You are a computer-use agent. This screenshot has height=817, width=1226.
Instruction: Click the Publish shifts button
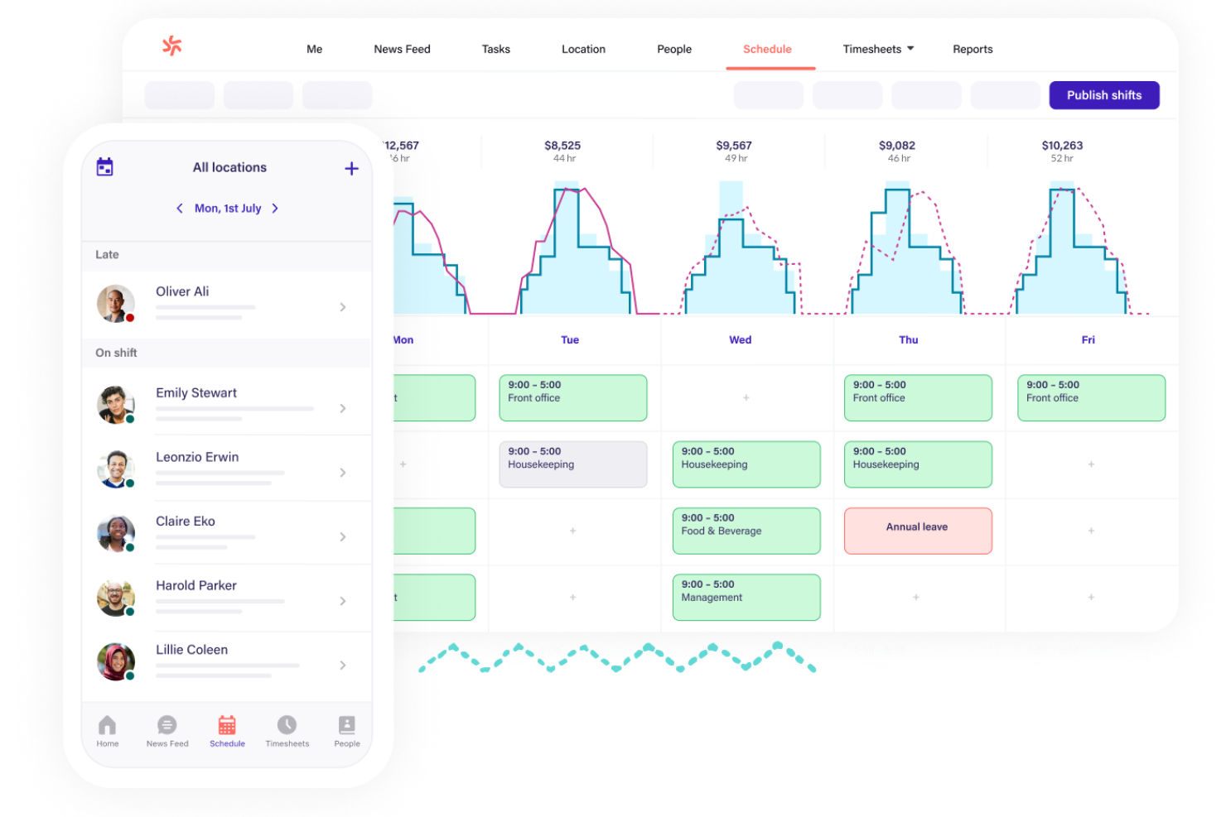(x=1103, y=95)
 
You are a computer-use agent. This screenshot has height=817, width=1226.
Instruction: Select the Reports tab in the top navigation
(x=972, y=50)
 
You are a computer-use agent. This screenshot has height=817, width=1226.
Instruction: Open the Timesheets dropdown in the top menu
(x=877, y=50)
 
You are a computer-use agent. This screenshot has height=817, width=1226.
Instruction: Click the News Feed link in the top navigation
(x=402, y=50)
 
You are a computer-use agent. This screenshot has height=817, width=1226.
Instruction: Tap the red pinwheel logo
(x=172, y=46)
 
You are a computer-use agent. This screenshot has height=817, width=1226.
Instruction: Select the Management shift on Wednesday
(x=746, y=597)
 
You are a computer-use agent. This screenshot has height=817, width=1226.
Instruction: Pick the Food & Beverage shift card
(x=746, y=531)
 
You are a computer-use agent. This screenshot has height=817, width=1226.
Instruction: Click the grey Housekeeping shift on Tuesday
(x=572, y=464)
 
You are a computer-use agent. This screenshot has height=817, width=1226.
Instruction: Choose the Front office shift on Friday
(x=1090, y=398)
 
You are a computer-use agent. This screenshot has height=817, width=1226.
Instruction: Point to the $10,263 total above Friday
(x=1062, y=146)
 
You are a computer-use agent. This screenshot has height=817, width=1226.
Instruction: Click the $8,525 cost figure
(x=562, y=146)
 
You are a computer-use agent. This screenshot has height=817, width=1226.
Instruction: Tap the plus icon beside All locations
(x=352, y=169)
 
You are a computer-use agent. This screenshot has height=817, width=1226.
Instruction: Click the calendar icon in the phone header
(x=105, y=167)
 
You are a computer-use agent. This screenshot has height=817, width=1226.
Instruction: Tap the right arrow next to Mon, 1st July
(x=275, y=209)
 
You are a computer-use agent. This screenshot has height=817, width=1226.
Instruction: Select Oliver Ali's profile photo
(x=116, y=304)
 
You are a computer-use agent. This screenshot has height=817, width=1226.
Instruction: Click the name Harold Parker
(x=196, y=585)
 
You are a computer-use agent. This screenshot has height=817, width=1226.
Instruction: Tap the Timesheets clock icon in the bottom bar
(x=287, y=726)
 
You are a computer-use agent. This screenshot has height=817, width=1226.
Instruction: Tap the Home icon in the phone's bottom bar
(x=108, y=726)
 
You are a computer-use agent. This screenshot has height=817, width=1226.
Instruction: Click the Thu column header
(x=908, y=340)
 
